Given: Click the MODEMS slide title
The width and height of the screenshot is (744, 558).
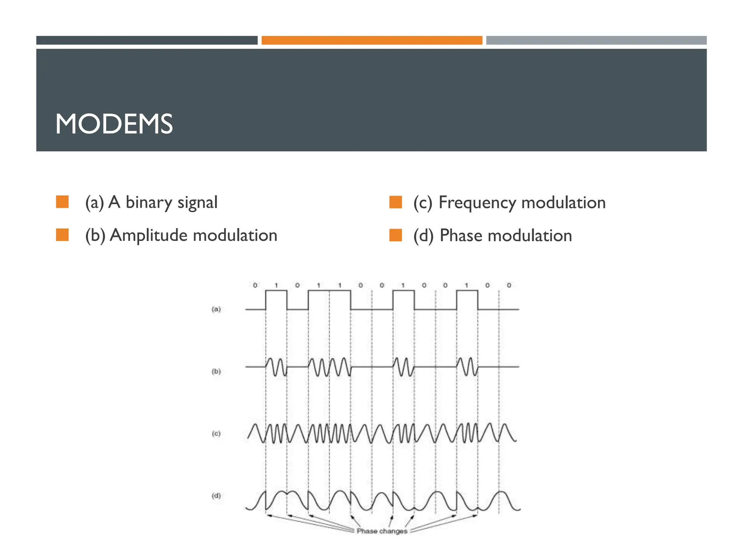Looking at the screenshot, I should [x=114, y=124].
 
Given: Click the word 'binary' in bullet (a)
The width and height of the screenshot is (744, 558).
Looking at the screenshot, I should [x=149, y=203].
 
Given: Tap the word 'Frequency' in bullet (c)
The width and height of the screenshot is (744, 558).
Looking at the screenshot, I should [x=477, y=203].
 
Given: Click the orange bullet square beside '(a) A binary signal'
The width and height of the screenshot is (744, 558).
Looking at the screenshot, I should [x=62, y=202].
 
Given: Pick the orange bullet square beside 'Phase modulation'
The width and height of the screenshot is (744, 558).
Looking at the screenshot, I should [x=396, y=235].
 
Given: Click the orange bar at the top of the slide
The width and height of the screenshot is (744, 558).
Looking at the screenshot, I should [x=372, y=40].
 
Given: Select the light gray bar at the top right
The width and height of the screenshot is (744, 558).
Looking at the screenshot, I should [x=596, y=40].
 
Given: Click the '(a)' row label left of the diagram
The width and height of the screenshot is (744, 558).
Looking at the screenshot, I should [x=216, y=309].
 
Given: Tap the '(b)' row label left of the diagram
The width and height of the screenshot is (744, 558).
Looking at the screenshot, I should [x=216, y=371].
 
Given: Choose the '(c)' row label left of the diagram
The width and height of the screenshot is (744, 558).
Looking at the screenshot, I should [x=216, y=433].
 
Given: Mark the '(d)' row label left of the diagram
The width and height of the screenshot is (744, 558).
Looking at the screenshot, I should [x=216, y=496].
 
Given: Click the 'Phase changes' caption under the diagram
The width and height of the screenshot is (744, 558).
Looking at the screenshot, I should [x=382, y=531].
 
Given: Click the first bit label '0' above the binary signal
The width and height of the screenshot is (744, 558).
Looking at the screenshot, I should [x=255, y=286].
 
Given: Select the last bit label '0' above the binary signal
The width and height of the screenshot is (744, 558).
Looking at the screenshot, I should [x=509, y=286].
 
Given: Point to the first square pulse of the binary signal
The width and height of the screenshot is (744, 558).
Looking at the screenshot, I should [x=276, y=299].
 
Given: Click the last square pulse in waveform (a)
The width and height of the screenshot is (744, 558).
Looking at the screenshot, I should [x=467, y=299].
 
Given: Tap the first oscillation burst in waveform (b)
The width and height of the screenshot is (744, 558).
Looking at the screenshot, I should [x=276, y=367].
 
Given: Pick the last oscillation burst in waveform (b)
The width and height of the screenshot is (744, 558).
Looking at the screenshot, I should [x=467, y=367].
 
